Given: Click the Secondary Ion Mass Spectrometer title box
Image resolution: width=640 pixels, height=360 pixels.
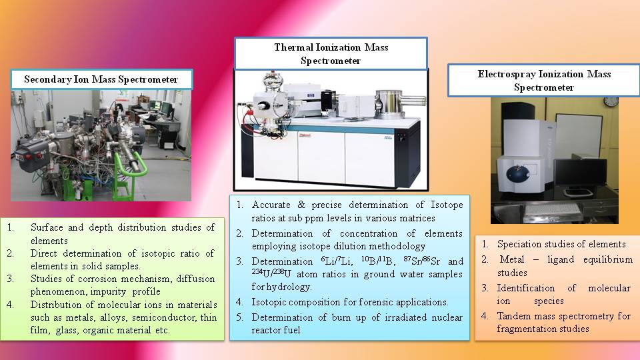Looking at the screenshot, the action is pyautogui.click(x=101, y=79).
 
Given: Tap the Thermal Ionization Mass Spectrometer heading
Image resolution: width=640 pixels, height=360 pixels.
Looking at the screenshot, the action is pyautogui.click(x=331, y=53).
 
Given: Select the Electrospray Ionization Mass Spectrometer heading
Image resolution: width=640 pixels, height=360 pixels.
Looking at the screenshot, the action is pyautogui.click(x=544, y=81).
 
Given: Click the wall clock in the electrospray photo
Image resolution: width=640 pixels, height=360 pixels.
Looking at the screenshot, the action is pyautogui.click(x=611, y=101).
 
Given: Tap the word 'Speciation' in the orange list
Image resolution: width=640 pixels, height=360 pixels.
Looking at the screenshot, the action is pyautogui.click(x=520, y=245).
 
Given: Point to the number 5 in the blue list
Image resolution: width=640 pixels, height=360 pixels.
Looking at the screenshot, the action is pyautogui.click(x=239, y=317).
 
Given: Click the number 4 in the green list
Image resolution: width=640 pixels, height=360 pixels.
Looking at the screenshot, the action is pyautogui.click(x=10, y=305).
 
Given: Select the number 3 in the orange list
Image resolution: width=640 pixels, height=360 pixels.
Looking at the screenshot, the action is pyautogui.click(x=485, y=288).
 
